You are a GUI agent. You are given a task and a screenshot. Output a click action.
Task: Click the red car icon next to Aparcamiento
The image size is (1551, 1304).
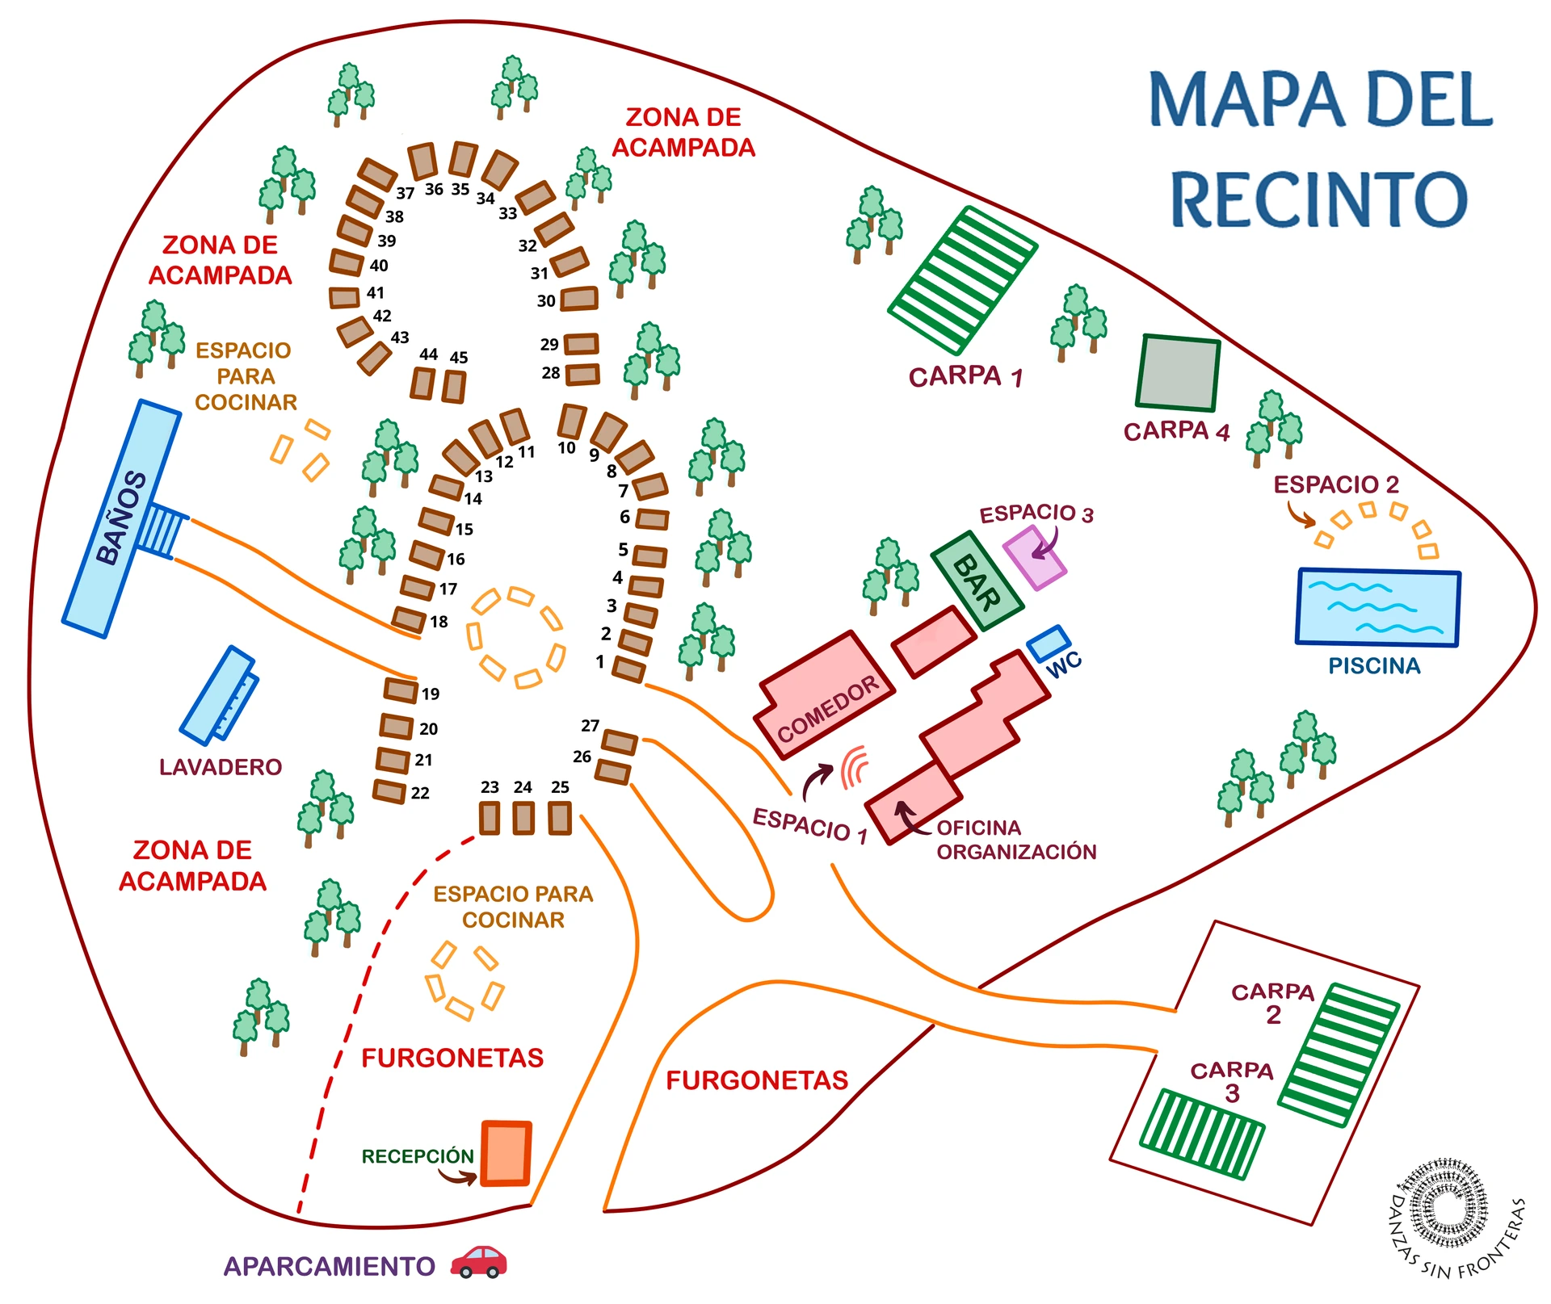478,1261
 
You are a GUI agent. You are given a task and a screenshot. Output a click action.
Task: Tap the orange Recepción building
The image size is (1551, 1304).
506,1153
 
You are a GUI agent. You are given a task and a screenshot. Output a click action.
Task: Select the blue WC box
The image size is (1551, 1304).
1049,644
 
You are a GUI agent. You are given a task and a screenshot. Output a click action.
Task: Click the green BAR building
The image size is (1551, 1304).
977,581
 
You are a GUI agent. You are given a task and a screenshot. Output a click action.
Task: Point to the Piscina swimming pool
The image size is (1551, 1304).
1378,607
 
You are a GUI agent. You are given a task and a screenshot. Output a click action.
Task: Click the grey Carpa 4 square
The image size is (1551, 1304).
1178,373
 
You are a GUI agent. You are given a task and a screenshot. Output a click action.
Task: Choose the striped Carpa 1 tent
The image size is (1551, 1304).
962,280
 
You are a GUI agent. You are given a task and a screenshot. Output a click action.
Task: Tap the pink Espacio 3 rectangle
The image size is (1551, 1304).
1035,557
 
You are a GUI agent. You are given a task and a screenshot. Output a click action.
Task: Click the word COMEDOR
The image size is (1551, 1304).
828,709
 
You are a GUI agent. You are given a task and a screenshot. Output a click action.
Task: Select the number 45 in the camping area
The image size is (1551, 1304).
459,357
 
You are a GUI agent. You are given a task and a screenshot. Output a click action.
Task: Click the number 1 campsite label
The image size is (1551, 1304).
600,662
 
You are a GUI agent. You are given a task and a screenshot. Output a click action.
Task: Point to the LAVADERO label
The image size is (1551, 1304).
221,766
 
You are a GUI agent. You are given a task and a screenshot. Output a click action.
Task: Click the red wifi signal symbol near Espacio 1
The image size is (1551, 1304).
855,766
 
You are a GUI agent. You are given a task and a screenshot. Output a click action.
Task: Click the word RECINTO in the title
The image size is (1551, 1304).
1319,199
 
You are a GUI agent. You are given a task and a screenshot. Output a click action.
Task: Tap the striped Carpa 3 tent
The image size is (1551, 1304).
1201,1134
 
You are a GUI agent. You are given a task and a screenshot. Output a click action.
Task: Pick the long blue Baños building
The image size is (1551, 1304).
122,518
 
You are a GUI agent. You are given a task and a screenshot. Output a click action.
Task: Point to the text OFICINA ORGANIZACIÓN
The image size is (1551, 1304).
1016,840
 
